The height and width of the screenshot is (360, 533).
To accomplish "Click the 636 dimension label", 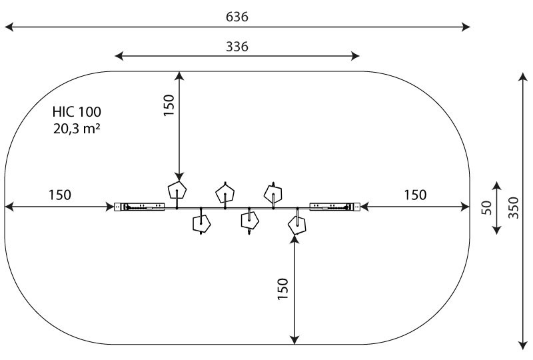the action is pos(237,17).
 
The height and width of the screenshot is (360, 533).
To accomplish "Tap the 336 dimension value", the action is pos(237,46).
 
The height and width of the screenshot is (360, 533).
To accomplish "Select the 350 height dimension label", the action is pos(513,207).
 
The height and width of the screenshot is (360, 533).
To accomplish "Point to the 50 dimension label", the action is pos(487,207).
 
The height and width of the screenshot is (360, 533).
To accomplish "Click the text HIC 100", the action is pos(77,111).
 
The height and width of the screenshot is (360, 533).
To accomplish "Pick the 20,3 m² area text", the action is pos(77,129).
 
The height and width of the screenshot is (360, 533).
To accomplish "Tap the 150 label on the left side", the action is pos(60,195).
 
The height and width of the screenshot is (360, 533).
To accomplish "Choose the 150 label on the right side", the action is pos(415,195).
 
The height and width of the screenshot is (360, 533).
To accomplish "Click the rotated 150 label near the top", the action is pos(169,105).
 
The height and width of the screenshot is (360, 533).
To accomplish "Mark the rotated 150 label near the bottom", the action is pos(282,289).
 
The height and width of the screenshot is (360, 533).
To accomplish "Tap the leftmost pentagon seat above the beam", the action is pos(177,190).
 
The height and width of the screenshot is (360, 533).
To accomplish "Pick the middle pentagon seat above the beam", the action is pos(225,193).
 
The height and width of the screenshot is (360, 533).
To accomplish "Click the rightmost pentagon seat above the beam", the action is pos(273,193).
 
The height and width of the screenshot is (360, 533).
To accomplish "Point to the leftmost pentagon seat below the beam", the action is pos(202,223).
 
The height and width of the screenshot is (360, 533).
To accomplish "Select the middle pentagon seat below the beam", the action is pos(250,221).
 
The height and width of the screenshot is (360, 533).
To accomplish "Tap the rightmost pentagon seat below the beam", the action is pos(297,225).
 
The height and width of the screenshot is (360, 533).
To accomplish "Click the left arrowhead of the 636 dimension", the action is pos(9,27).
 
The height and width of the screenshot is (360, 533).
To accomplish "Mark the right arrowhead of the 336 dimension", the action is pos(355,56).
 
